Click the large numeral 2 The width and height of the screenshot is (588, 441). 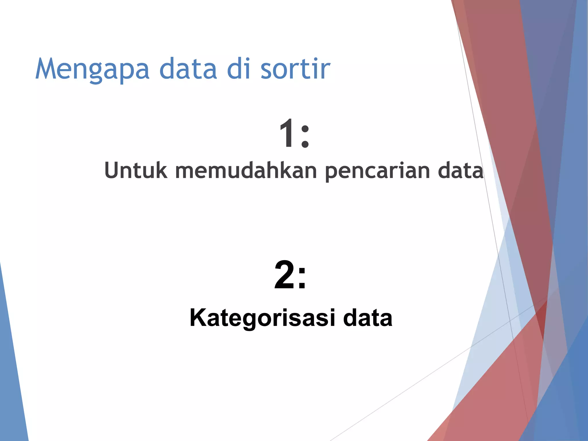[284, 275]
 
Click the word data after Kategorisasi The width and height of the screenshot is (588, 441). [367, 318]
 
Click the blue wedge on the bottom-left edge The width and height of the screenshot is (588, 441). [11, 373]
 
